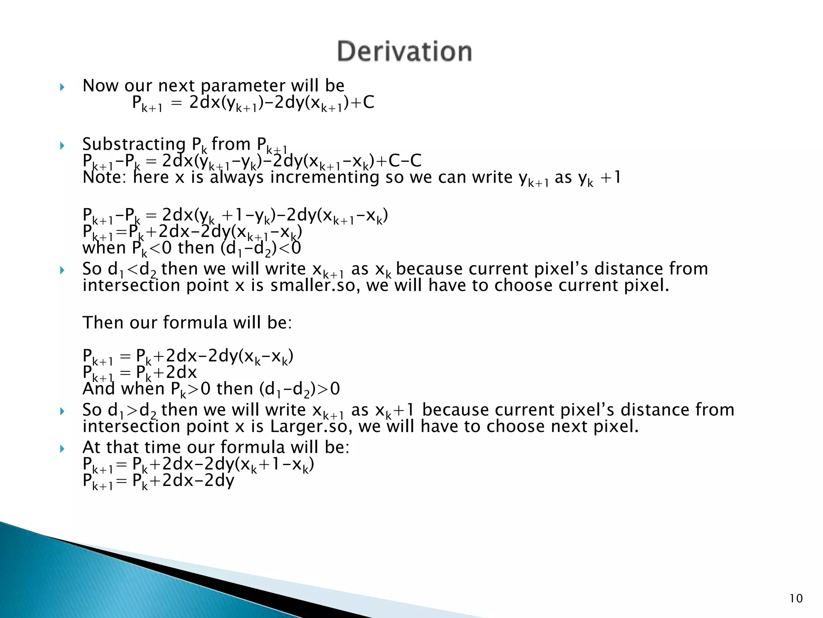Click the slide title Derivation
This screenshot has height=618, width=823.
point(404,51)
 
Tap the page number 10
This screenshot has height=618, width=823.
point(796,599)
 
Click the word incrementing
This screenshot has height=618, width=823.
point(324,177)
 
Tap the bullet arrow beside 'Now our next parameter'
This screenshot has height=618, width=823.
point(62,87)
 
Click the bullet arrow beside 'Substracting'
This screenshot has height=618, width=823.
point(62,145)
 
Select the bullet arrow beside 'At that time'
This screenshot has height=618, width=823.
point(62,448)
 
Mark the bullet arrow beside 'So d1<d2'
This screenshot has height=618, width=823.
point(62,270)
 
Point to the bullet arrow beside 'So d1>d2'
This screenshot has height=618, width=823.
point(62,411)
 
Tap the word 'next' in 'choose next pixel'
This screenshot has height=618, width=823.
point(568,426)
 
